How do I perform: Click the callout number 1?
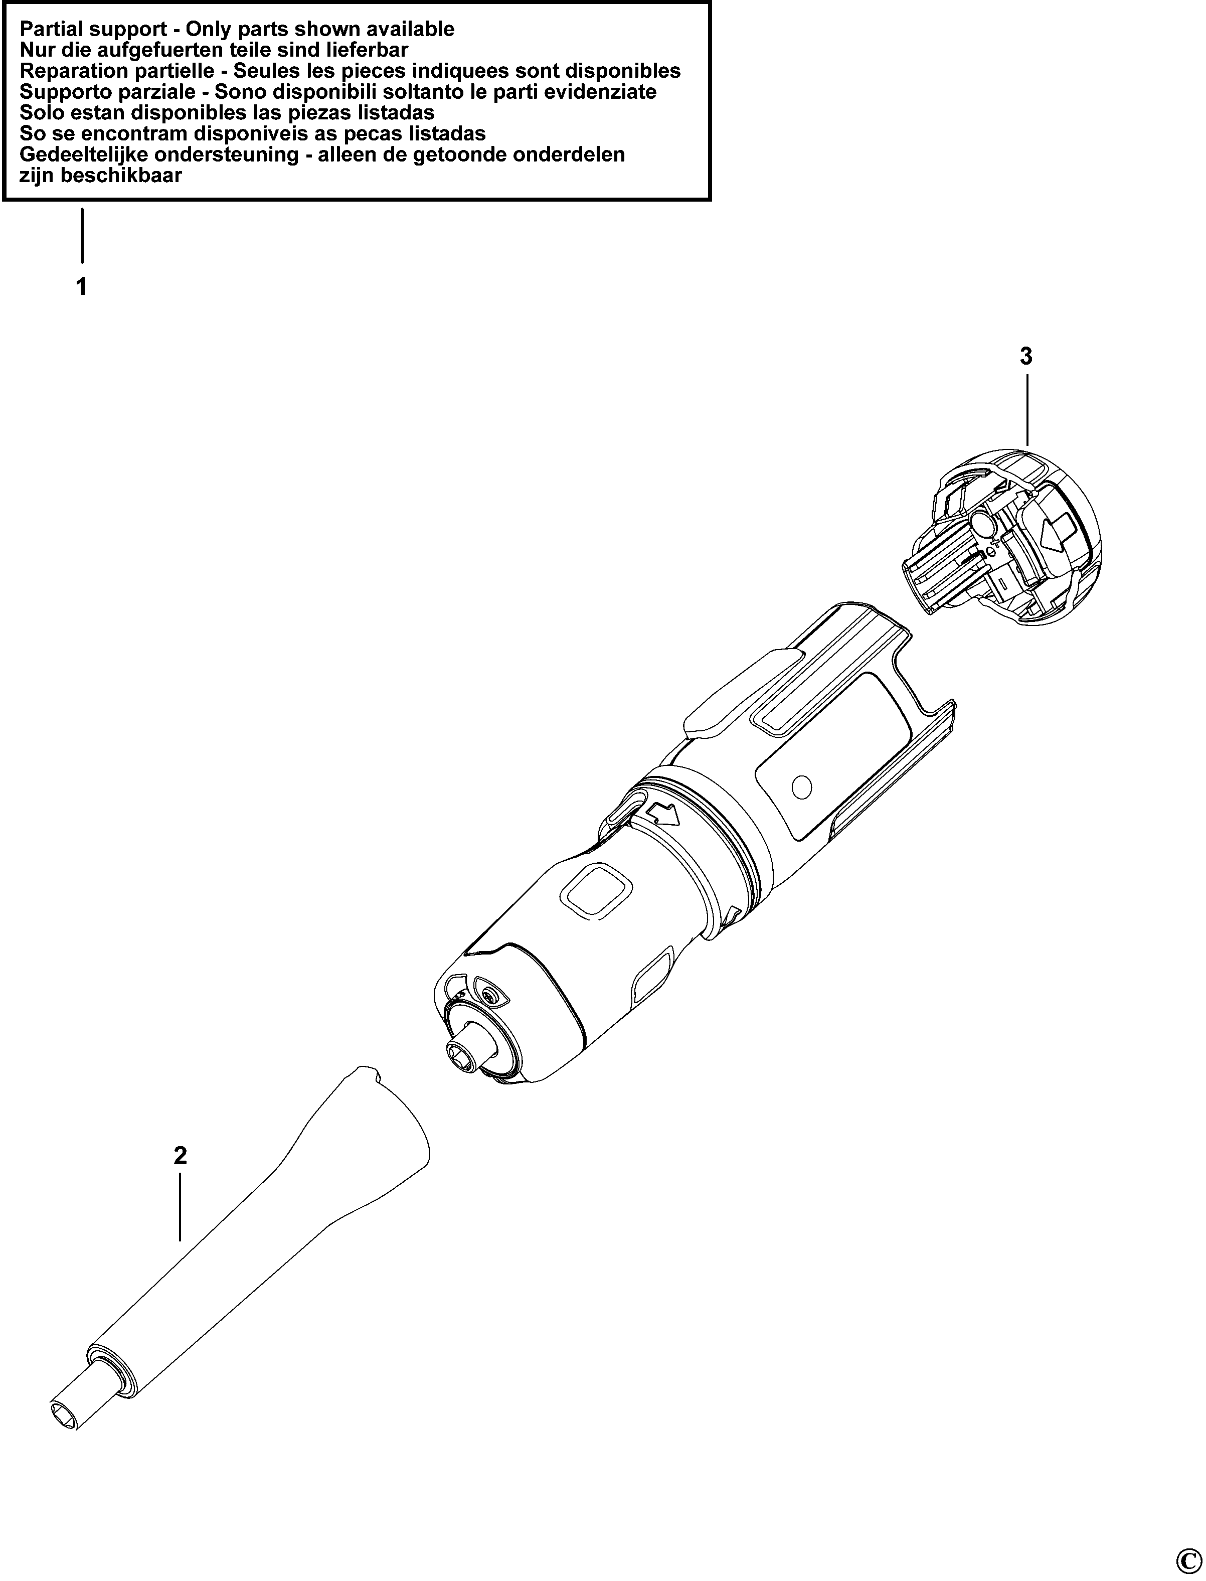[x=82, y=287]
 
